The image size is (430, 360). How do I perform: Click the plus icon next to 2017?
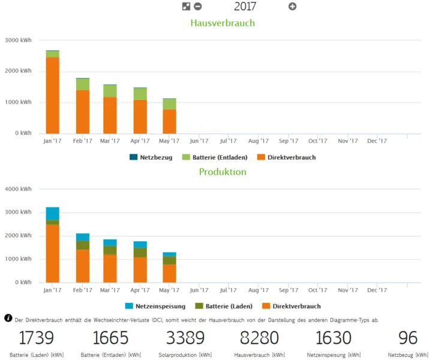coord(292,7)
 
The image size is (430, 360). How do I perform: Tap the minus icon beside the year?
coord(198,7)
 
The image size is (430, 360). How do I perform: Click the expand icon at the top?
coord(186,7)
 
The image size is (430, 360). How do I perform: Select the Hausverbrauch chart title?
coord(222,23)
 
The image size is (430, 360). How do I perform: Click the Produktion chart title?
coord(222,172)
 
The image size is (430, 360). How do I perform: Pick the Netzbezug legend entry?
coord(151,157)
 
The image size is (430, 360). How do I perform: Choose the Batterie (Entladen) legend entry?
coord(215,157)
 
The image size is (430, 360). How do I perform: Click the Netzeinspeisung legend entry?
coord(155,306)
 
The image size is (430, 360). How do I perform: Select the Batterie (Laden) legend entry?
coord(224,306)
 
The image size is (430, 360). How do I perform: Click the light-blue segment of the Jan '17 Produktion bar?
coord(53,214)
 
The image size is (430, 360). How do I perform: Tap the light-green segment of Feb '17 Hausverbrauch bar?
coord(83,84)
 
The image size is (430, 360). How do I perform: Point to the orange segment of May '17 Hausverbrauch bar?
coord(170,122)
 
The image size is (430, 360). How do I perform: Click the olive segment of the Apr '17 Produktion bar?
coord(140,253)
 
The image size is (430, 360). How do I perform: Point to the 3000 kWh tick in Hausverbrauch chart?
coord(18,40)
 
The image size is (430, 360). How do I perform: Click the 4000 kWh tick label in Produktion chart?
coord(18,189)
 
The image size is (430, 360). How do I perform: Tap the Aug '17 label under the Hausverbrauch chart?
coord(258,141)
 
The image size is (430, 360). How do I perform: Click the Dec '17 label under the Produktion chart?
coord(377,290)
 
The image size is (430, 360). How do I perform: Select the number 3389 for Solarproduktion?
coord(185,337)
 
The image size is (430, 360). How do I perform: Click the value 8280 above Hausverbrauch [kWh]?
coord(260,337)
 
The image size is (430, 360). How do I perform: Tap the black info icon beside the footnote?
coord(8,318)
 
